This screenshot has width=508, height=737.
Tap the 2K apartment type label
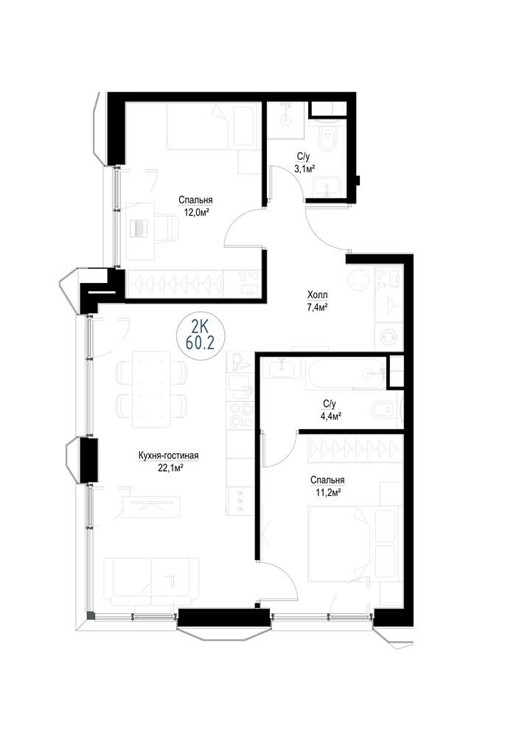tap(201, 325)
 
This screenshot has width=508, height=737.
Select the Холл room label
tap(318, 295)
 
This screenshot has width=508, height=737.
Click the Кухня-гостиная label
tap(168, 455)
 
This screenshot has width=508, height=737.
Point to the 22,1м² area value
tap(168, 467)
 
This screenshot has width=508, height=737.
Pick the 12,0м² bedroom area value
tap(195, 212)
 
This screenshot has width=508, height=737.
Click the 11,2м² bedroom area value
tap(327, 492)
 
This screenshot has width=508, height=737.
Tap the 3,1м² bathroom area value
tap(305, 169)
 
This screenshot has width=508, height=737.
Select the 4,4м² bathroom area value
tap(330, 416)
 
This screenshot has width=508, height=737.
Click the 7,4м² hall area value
tap(318, 307)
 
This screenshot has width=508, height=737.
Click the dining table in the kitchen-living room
tap(150, 388)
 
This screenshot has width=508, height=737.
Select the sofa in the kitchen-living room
tap(151, 582)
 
